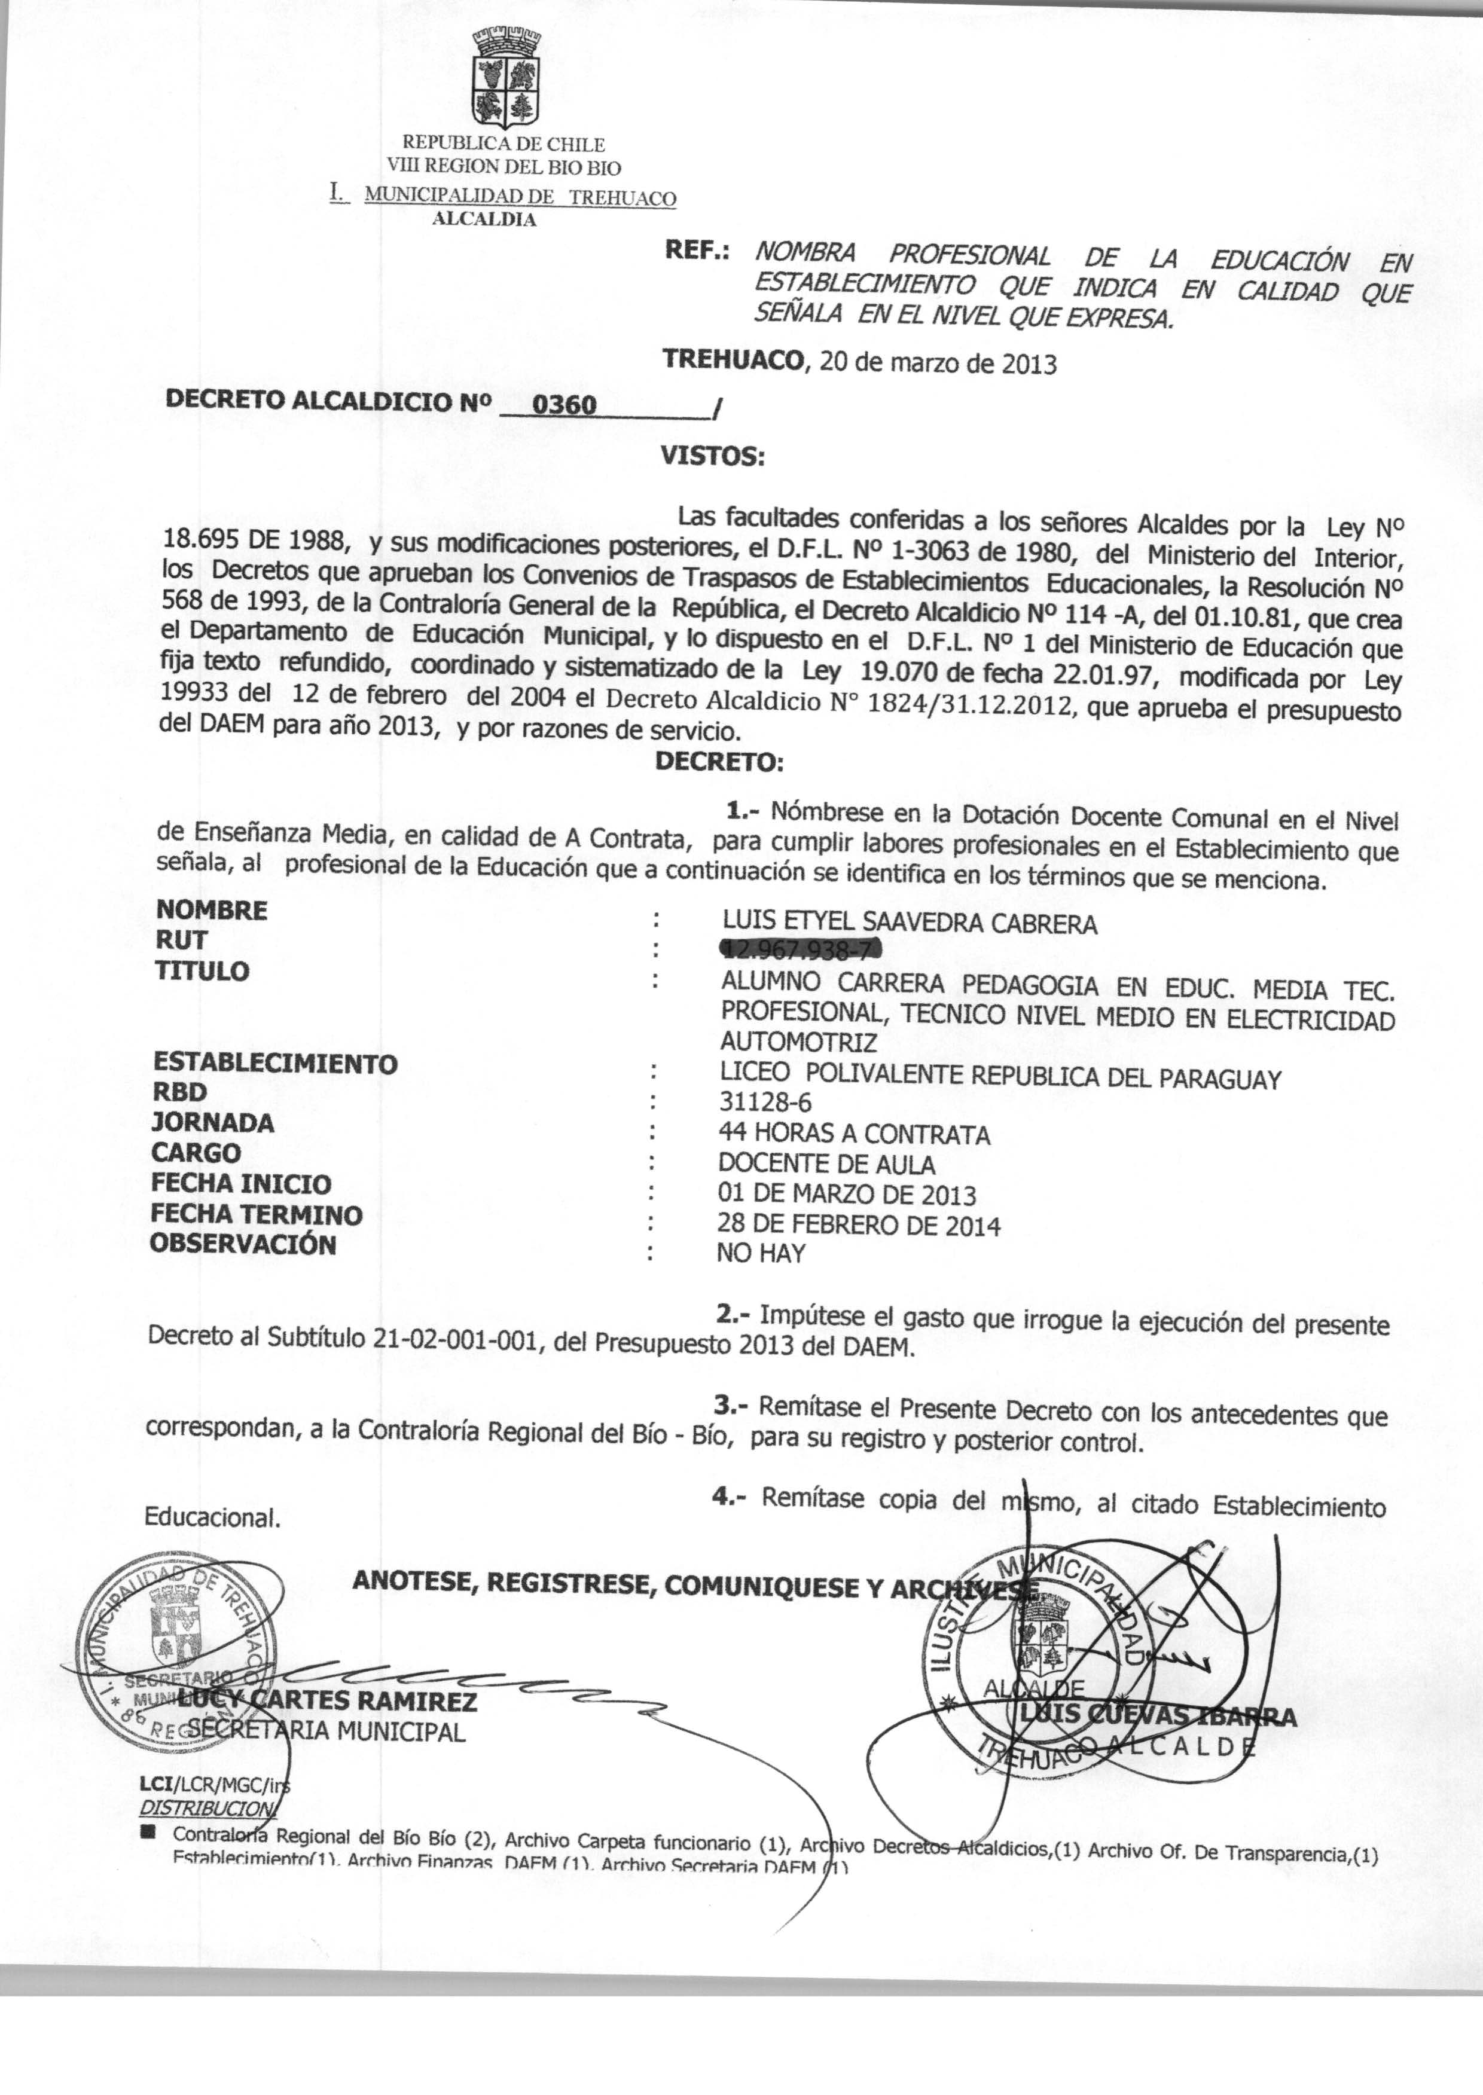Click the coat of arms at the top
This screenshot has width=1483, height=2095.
click(505, 78)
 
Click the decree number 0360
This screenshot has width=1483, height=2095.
click(563, 404)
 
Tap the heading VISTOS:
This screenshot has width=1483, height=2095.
click(712, 456)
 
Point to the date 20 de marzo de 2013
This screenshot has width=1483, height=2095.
click(938, 364)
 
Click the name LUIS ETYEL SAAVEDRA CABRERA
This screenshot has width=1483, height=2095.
click(908, 923)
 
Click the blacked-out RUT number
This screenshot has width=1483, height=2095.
click(801, 949)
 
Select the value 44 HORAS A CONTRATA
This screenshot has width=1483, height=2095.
click(854, 1134)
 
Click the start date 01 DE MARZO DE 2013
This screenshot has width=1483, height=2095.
click(847, 1194)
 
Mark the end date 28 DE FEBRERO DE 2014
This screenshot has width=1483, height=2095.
click(858, 1224)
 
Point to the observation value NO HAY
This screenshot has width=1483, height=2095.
click(761, 1253)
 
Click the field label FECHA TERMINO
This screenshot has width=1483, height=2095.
click(256, 1214)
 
